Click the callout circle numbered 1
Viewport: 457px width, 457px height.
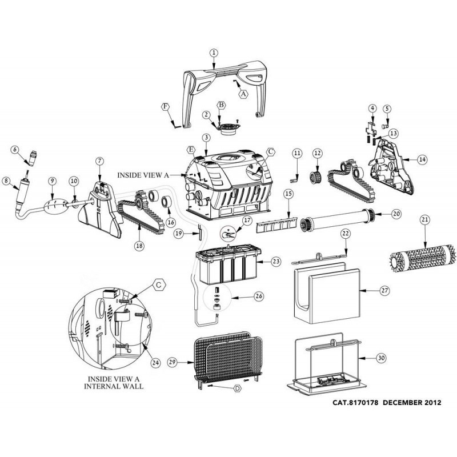click(214, 53)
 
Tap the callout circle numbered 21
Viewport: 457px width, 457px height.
click(424, 219)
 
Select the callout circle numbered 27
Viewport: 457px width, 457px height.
click(384, 290)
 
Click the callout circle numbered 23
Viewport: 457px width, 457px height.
click(276, 262)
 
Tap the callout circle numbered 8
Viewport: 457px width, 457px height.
click(7, 182)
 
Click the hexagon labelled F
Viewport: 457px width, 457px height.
click(166, 107)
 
